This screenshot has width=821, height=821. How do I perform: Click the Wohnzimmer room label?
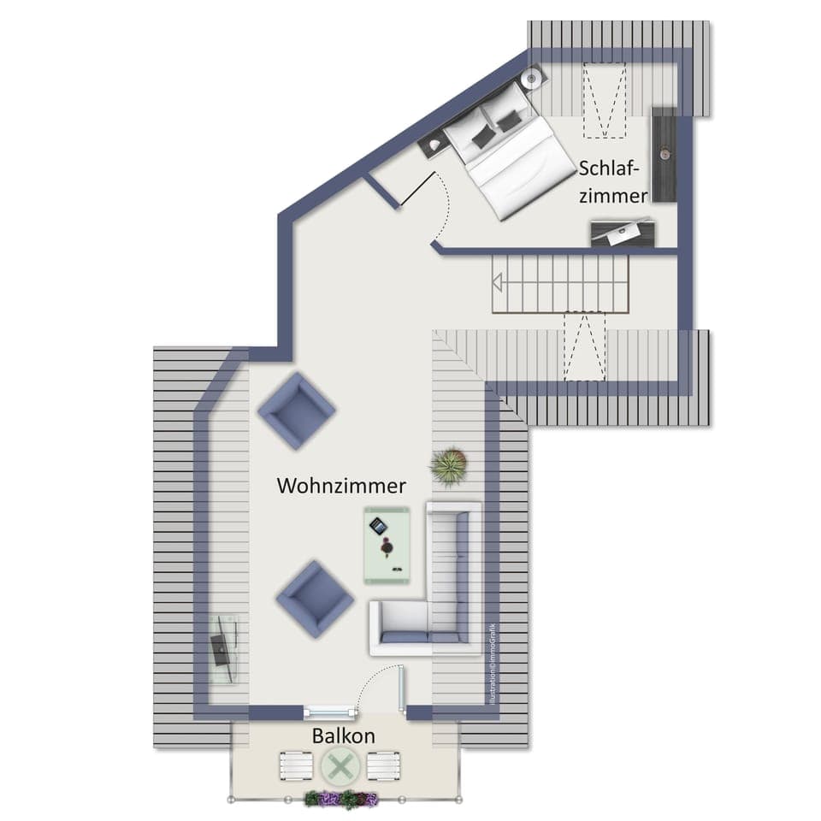click(x=340, y=486)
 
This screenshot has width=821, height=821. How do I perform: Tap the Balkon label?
click(x=343, y=735)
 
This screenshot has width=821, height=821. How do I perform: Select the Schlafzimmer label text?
click(x=613, y=181)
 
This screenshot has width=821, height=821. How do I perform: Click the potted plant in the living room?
click(x=449, y=465)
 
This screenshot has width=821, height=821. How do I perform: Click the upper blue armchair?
click(x=296, y=410)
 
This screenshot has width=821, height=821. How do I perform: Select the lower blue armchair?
click(x=314, y=599)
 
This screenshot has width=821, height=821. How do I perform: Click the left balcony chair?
click(x=296, y=765)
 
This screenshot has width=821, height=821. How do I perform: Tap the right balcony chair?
click(x=384, y=765)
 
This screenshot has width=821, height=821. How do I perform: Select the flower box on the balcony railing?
click(x=341, y=800)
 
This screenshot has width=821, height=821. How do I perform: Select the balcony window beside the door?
click(x=329, y=711)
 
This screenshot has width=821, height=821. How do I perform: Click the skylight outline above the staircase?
click(x=585, y=346)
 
